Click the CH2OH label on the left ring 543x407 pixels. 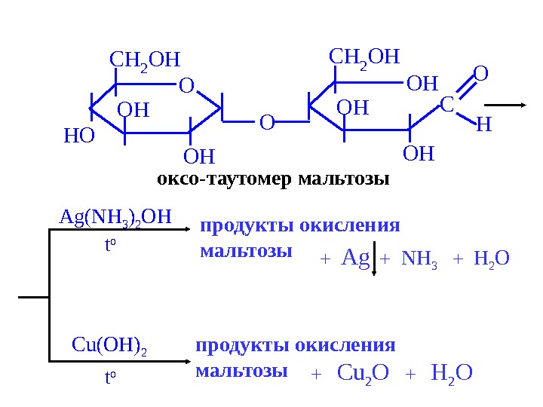(146, 60)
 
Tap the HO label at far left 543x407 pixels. (79, 136)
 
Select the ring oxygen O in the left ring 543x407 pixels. (186, 87)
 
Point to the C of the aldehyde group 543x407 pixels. (446, 106)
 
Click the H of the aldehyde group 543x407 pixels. (483, 124)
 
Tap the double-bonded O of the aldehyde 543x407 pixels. (480, 75)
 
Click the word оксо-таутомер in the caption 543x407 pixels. (225, 180)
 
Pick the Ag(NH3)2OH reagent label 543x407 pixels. (115, 218)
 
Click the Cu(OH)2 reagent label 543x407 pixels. (109, 346)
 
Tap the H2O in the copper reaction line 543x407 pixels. (452, 372)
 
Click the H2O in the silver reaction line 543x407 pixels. (492, 259)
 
